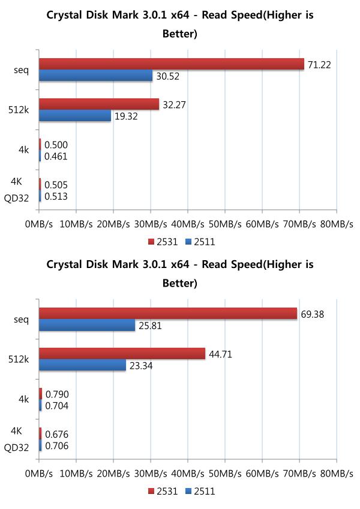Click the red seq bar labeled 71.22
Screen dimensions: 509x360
click(x=172, y=64)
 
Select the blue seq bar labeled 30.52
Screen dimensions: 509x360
click(x=96, y=76)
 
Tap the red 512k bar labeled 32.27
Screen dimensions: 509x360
click(x=99, y=104)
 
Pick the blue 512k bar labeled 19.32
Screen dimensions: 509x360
click(x=75, y=116)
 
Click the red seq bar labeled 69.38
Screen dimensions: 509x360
click(x=168, y=313)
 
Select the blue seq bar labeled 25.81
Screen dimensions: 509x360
click(x=87, y=325)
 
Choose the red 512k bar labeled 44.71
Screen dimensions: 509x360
click(x=122, y=354)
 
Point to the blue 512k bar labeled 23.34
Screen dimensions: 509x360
click(x=82, y=365)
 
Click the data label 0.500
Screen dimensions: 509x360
click(x=56, y=145)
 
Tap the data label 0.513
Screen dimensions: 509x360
click(x=56, y=197)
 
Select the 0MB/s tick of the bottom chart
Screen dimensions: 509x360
click(x=39, y=474)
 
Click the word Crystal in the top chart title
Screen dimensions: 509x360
click(x=67, y=15)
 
